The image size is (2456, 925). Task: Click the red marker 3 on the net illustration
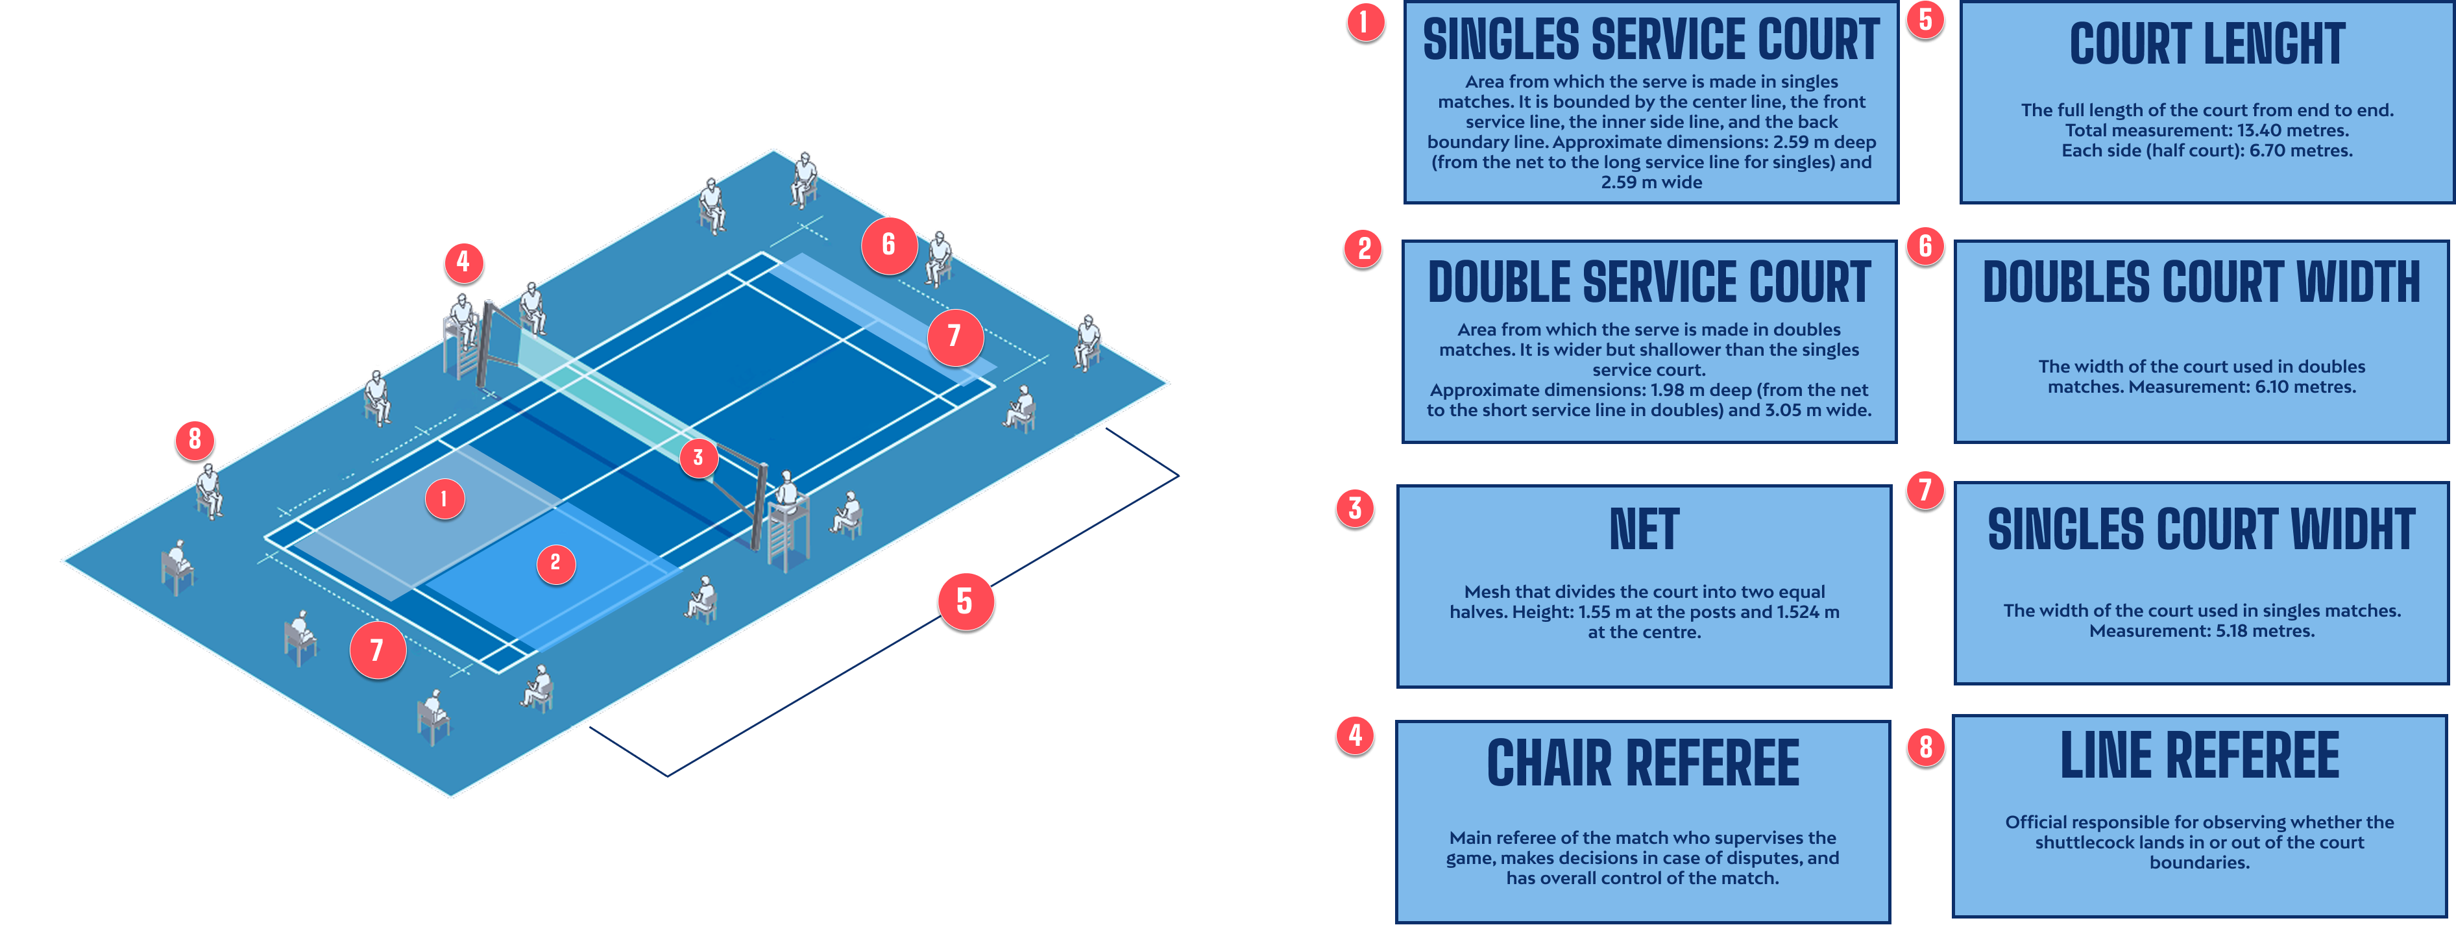click(698, 458)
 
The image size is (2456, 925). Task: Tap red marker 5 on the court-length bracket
click(964, 601)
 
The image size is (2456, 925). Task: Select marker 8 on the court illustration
click(195, 439)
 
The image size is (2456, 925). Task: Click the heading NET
click(1644, 530)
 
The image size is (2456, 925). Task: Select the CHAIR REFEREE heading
click(1643, 764)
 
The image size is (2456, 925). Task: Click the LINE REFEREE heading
click(2200, 756)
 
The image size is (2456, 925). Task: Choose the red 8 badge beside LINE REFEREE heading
click(1925, 746)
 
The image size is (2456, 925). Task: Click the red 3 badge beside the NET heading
click(1355, 508)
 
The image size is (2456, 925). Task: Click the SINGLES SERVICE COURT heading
click(1650, 40)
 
